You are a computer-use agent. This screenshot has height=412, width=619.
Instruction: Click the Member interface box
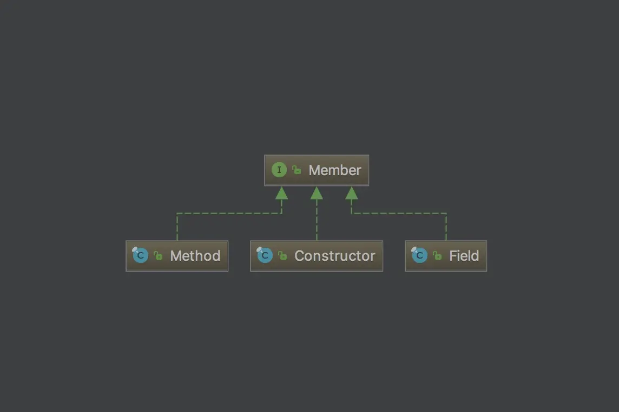coord(317,170)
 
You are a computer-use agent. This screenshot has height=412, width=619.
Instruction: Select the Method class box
coord(177,256)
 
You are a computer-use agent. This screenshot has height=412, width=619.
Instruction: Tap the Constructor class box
coord(317,256)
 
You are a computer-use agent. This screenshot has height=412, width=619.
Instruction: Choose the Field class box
coord(446,256)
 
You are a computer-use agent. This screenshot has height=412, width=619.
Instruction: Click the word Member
coord(334,170)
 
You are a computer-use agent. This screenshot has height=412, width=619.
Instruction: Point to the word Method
coord(195,256)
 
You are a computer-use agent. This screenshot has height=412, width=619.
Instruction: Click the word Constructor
coord(334,256)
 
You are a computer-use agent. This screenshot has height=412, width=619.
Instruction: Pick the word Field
coord(464,256)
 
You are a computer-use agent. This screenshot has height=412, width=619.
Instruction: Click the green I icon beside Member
coord(279,170)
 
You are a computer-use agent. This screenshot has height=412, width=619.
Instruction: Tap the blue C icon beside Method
coord(140,255)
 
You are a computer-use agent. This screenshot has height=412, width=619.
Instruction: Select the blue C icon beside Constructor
coord(265,255)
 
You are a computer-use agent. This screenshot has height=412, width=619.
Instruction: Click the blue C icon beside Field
coord(419,255)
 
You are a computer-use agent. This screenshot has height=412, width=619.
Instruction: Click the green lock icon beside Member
coord(297,170)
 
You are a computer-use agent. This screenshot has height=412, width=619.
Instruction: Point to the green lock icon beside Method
coord(158,256)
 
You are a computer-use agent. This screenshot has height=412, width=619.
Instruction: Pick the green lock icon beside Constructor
coord(282,256)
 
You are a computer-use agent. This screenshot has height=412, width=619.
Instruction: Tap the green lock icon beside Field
coord(437,256)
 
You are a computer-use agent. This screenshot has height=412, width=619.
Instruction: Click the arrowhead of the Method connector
coord(281,193)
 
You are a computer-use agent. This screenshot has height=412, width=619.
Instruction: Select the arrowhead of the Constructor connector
coord(317,193)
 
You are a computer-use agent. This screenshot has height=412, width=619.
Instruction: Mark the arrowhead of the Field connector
coord(352,193)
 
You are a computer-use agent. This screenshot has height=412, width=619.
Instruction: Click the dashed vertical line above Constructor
coord(317,222)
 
